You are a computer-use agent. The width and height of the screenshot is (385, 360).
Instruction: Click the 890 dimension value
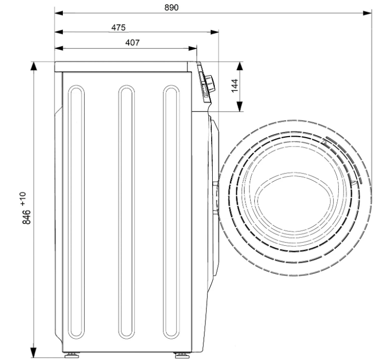(x=171, y=8)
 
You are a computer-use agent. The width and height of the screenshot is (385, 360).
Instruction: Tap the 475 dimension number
(x=118, y=28)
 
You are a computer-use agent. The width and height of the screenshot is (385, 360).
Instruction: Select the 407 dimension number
(x=132, y=43)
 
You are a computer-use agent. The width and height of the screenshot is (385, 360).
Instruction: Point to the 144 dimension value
(x=235, y=86)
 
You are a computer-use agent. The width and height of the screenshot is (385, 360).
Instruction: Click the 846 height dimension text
(x=26, y=217)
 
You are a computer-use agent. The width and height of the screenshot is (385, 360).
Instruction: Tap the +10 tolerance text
(x=23, y=199)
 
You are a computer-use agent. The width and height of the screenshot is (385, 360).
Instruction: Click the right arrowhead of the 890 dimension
(x=367, y=13)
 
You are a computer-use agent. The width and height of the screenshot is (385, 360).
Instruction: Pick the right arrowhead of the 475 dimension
(x=214, y=32)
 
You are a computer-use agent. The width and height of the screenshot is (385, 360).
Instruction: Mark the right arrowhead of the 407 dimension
(x=192, y=48)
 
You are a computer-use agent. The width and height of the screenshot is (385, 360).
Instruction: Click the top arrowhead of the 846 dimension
(x=34, y=66)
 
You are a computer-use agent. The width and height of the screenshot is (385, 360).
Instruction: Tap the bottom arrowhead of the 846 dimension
(x=34, y=353)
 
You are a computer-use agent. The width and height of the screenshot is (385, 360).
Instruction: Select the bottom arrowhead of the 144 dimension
(x=240, y=106)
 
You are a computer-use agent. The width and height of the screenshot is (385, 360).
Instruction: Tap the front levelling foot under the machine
(x=182, y=355)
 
